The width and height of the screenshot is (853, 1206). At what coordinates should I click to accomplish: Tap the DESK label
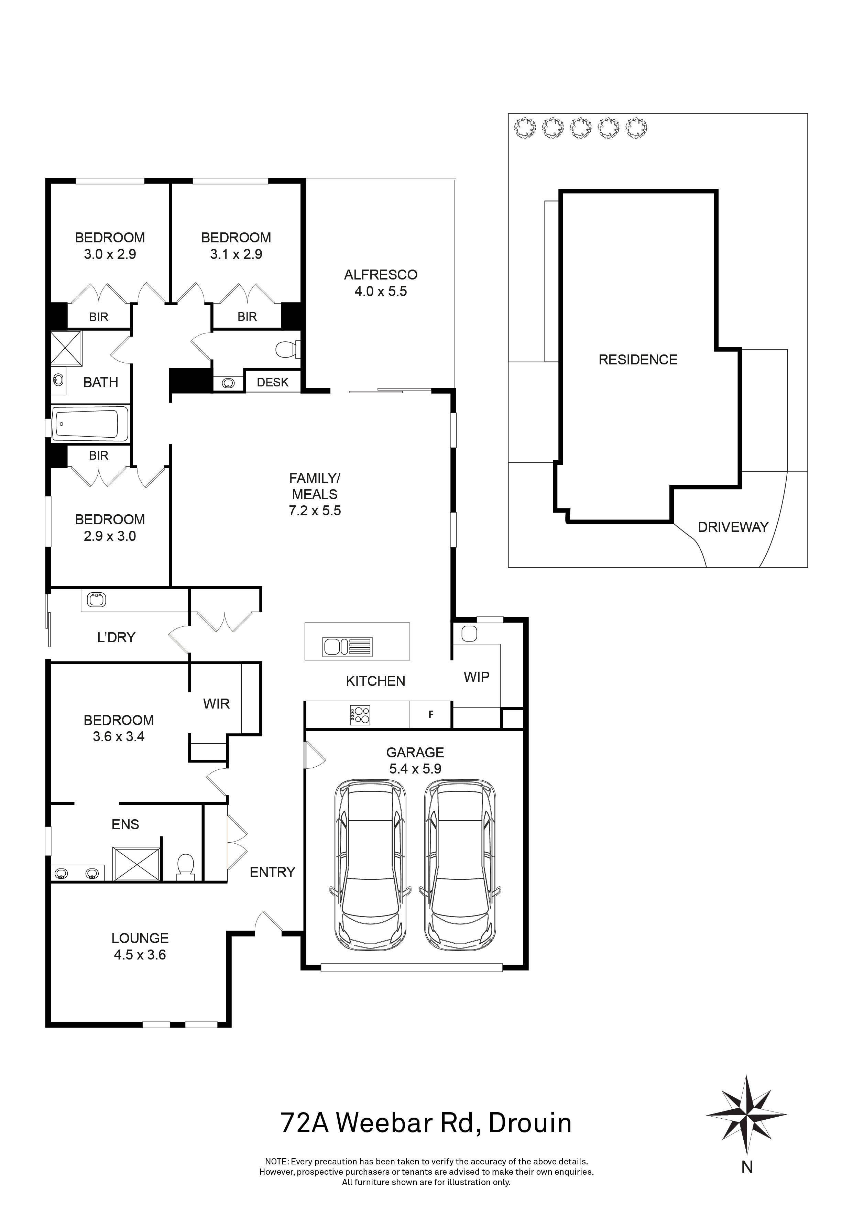click(x=273, y=382)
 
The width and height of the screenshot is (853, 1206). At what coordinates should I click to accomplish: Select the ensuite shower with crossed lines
click(x=136, y=863)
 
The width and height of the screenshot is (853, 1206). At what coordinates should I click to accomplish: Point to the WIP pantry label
click(x=477, y=677)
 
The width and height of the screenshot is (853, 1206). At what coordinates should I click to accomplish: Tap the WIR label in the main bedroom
click(x=216, y=703)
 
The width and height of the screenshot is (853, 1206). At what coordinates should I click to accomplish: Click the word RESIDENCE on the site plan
click(x=638, y=360)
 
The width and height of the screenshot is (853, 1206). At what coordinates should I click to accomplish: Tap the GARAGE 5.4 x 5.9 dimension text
click(x=415, y=768)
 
